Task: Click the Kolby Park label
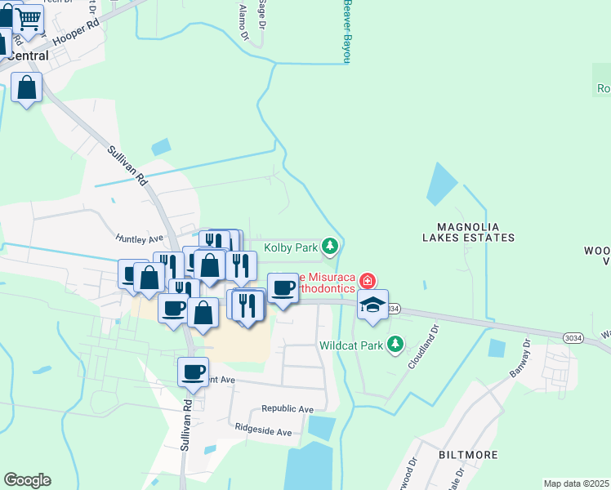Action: click(x=290, y=247)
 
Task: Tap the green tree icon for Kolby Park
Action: click(x=329, y=245)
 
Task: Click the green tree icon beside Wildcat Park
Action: click(x=395, y=344)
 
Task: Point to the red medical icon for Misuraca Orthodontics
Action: click(x=368, y=282)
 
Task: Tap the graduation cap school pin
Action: click(x=372, y=305)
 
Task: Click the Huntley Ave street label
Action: click(x=140, y=239)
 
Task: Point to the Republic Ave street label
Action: click(x=288, y=408)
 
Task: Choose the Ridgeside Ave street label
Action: click(x=263, y=431)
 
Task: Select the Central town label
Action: click(x=28, y=56)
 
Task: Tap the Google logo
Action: click(x=27, y=480)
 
